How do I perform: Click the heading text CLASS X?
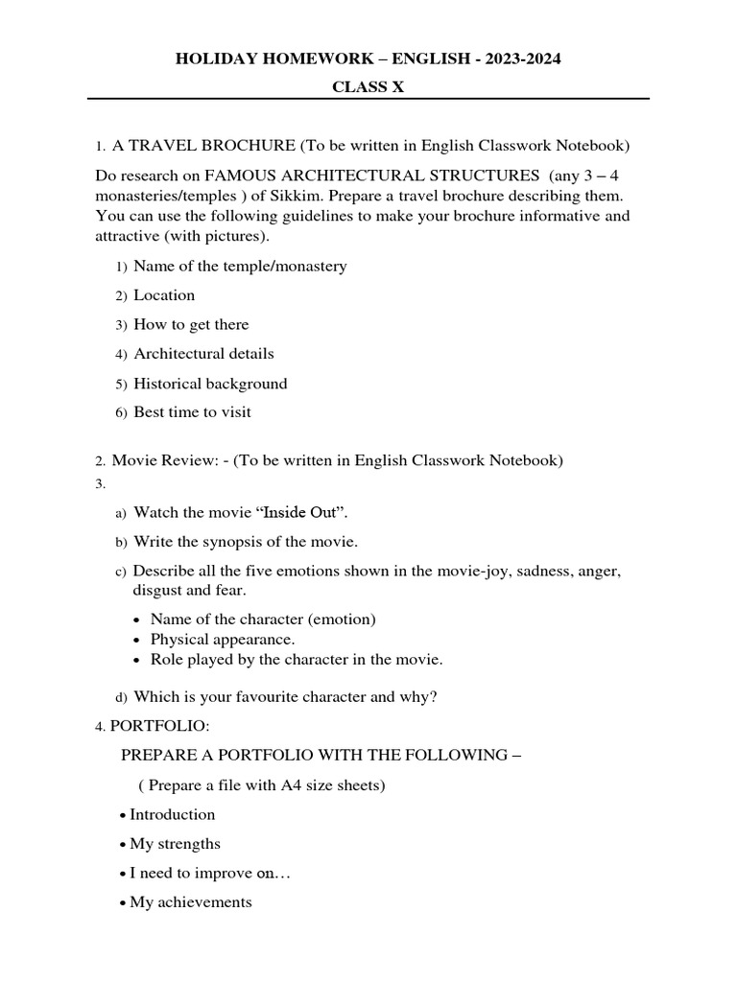[368, 86]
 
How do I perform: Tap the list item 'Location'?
[164, 295]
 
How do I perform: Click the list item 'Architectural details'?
[203, 354]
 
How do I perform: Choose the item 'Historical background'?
[210, 384]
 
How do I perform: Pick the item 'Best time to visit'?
[192, 412]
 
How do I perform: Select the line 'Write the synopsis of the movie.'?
[246, 542]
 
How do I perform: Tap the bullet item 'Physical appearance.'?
[223, 640]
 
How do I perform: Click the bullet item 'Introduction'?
[173, 814]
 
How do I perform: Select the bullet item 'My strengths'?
[175, 844]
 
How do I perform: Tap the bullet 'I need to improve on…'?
[209, 874]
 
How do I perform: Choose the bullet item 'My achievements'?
[191, 902]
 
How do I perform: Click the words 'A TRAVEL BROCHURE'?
[203, 146]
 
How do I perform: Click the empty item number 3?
[100, 484]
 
